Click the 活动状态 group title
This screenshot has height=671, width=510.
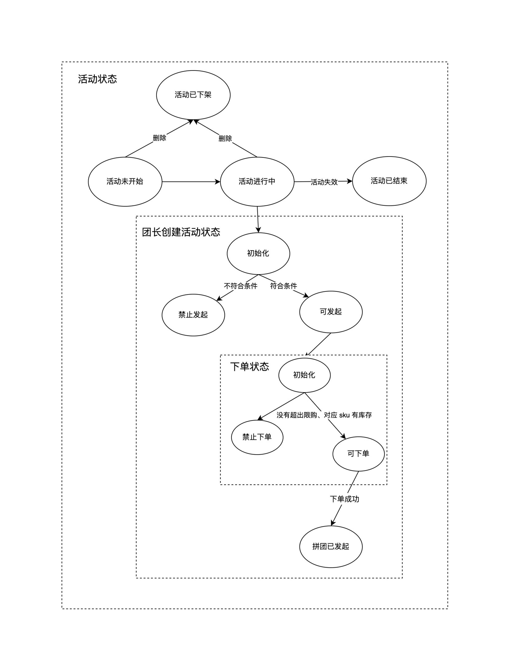pyautogui.click(x=97, y=79)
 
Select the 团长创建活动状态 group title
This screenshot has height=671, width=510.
pyautogui.click(x=181, y=232)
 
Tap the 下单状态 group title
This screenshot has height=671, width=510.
pyautogui.click(x=250, y=367)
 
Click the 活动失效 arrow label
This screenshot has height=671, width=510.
pyautogui.click(x=324, y=182)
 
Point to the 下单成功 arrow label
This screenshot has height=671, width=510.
pyautogui.click(x=345, y=499)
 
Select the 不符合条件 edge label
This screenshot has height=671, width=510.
pyautogui.click(x=241, y=286)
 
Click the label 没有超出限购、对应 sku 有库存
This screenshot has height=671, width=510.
pyautogui.click(x=324, y=415)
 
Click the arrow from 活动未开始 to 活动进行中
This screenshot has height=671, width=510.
pyautogui.click(x=191, y=182)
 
